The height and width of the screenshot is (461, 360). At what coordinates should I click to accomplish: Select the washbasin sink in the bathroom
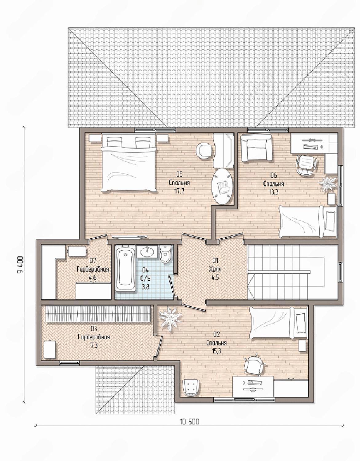point(147,251)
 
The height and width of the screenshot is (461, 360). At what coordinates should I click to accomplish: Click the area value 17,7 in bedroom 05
point(179,191)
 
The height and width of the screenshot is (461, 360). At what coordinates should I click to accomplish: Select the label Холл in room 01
point(215,270)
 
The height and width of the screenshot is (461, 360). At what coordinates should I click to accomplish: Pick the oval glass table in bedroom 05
point(222,186)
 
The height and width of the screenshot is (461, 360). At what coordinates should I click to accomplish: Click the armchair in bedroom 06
point(256,148)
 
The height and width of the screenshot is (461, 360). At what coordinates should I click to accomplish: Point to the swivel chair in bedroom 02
point(255,364)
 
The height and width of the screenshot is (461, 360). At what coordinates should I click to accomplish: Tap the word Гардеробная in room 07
point(93,270)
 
